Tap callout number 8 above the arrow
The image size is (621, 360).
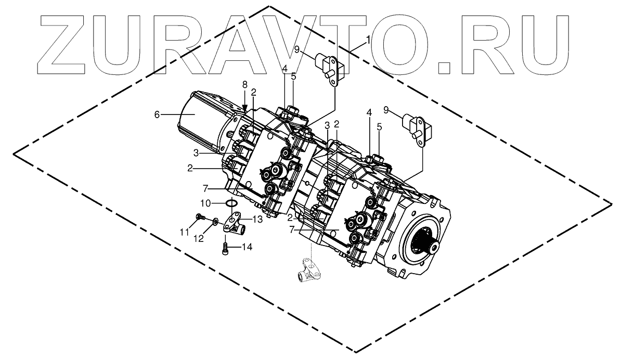(244, 84)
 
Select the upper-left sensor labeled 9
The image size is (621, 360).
(328, 66)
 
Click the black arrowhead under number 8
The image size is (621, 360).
(244, 106)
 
